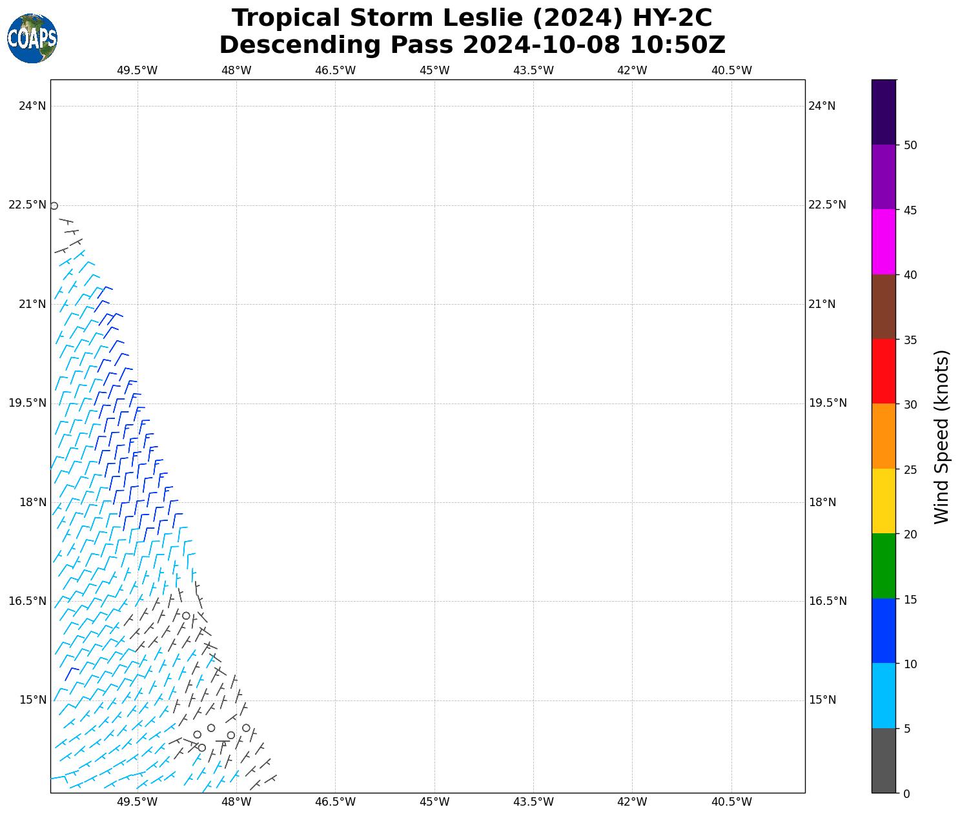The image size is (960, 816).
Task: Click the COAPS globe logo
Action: [x=32, y=38]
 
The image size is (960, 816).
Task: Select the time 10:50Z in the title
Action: [x=677, y=45]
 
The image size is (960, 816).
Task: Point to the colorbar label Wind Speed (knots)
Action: [x=942, y=437]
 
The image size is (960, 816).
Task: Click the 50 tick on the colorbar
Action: [x=910, y=145]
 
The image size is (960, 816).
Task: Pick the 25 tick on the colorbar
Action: [x=910, y=469]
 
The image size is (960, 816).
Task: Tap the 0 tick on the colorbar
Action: [x=906, y=793]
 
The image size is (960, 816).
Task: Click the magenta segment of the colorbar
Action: [x=883, y=241]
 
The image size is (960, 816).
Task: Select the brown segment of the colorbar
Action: [x=883, y=307]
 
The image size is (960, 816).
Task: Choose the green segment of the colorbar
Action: [x=883, y=566]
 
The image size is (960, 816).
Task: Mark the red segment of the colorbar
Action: [x=883, y=371]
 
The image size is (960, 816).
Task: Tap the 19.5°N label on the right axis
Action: [x=827, y=403]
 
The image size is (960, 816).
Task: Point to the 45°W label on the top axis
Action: [x=434, y=70]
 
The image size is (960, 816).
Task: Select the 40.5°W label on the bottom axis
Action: [x=731, y=802]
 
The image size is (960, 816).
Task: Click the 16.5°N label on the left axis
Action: [x=28, y=601]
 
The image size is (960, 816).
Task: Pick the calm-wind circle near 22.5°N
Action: [x=54, y=206]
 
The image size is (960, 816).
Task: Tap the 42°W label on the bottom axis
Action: [x=632, y=802]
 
